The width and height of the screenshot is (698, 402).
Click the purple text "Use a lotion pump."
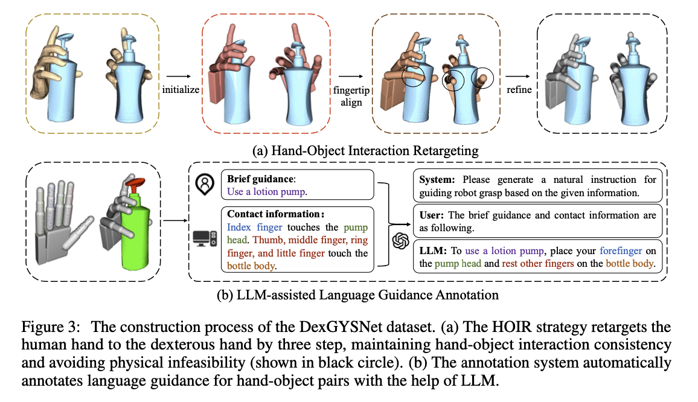click(267, 191)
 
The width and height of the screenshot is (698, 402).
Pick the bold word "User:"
click(432, 215)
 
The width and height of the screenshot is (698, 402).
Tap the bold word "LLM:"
click(433, 250)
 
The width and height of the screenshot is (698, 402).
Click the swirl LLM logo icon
click(400, 240)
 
